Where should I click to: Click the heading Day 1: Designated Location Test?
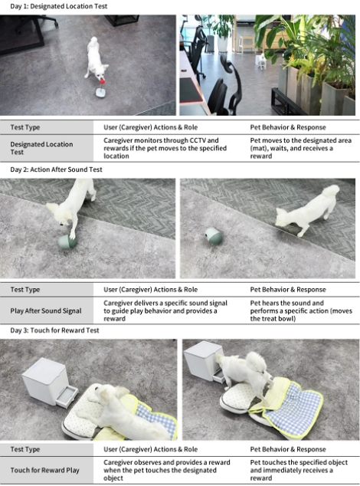pos(59,6)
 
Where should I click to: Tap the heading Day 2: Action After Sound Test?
pos(56,169)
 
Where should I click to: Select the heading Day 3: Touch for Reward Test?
pos(54,330)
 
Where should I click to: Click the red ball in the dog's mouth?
pos(102,81)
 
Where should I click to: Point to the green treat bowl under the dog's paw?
pos(67,241)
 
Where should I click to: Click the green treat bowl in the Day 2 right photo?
pos(214,236)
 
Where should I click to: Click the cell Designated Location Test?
pos(41,148)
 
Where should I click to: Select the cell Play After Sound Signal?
pos(46,311)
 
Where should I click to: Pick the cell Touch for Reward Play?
pos(45,470)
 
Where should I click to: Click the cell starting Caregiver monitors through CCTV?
pos(165,148)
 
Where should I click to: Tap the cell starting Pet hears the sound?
pos(301,311)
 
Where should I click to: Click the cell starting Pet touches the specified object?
pos(299,470)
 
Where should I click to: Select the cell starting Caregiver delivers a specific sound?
pos(165,311)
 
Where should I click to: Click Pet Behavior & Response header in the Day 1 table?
pos(288,127)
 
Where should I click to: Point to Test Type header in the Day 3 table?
pos(25,449)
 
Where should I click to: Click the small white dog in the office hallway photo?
pos(261,61)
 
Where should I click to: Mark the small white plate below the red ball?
pos(101,93)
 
